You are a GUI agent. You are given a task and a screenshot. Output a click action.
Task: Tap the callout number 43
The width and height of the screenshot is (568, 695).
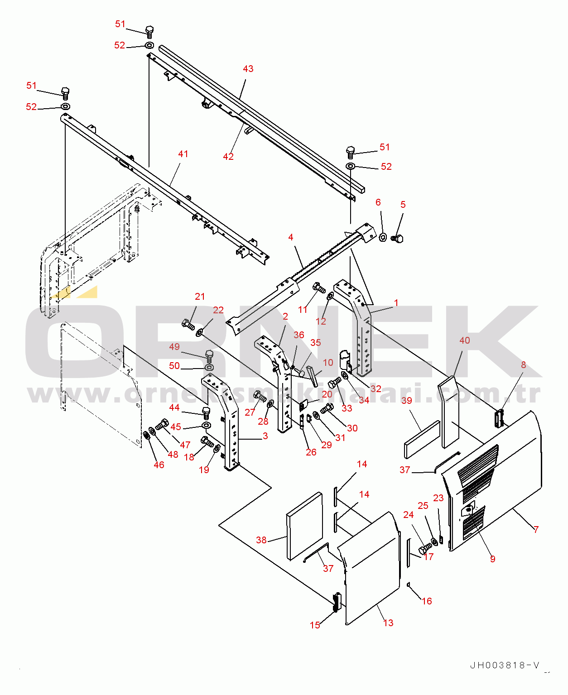(248, 68)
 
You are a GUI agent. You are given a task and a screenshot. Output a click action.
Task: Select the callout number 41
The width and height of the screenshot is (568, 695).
(183, 154)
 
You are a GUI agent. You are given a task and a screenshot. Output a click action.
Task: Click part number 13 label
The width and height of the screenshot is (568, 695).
(388, 623)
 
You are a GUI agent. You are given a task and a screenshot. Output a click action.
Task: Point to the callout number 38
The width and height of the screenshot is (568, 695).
(261, 540)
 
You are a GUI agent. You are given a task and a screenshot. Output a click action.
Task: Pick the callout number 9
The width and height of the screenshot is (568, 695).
(492, 559)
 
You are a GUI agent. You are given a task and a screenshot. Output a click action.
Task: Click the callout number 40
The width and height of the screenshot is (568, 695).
(464, 340)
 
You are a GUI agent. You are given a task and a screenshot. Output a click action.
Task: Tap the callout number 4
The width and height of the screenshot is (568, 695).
(290, 237)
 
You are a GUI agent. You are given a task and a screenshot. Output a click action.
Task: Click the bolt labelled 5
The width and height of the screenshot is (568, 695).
(398, 238)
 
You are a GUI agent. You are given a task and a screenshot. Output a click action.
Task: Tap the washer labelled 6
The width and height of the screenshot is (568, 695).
(383, 237)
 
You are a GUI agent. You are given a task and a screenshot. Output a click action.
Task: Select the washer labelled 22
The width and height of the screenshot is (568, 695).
(199, 332)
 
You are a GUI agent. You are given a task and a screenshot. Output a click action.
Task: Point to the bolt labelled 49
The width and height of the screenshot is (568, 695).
(209, 357)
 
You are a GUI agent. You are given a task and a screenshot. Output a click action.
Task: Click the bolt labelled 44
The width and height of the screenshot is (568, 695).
(206, 413)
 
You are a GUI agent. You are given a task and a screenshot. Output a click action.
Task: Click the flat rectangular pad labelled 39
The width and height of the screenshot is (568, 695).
(422, 440)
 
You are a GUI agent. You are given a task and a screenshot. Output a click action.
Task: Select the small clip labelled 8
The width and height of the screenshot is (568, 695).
(500, 418)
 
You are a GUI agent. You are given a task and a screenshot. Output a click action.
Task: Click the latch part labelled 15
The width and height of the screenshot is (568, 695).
(336, 602)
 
